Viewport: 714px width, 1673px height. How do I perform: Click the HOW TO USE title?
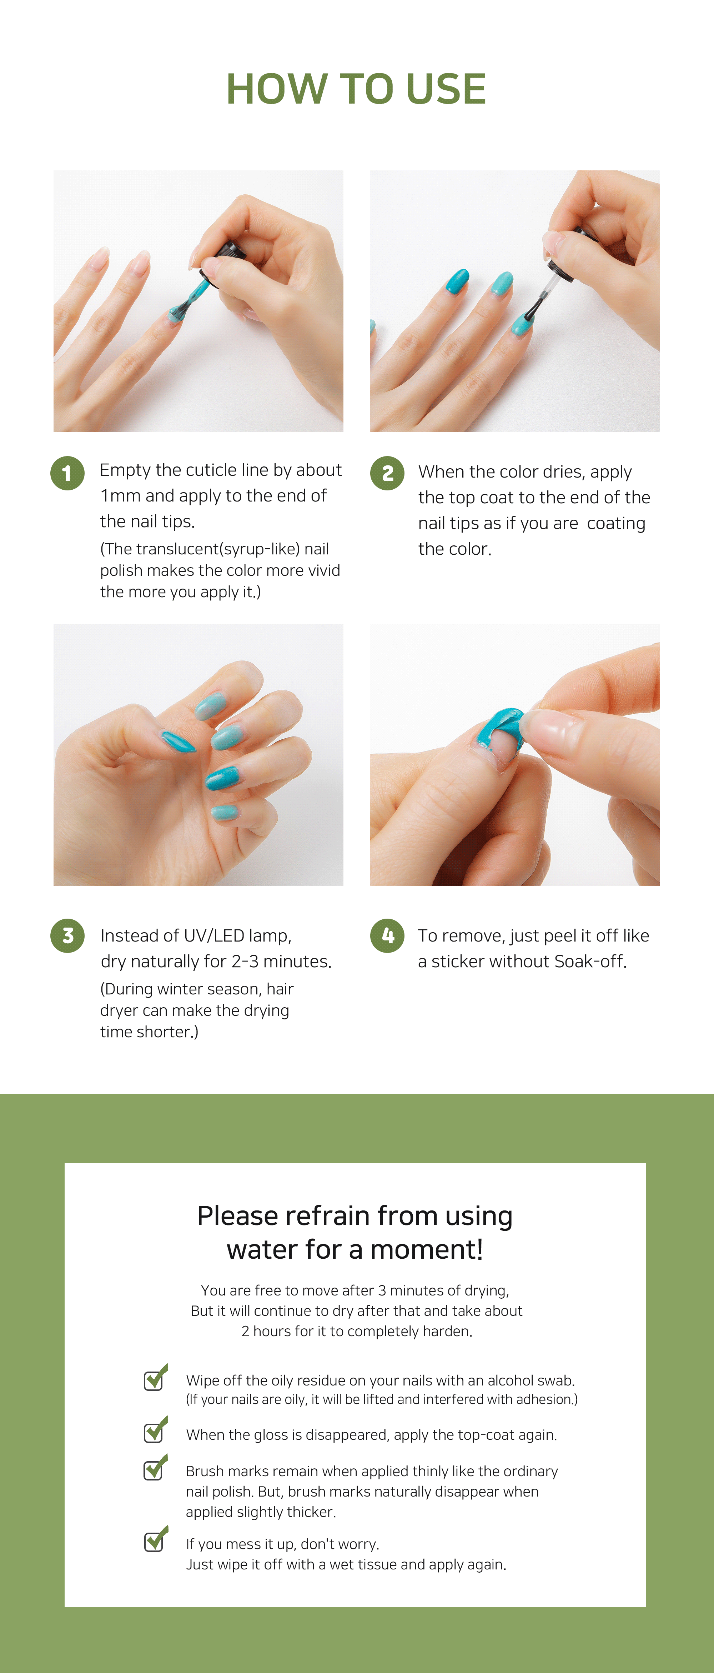click(356, 88)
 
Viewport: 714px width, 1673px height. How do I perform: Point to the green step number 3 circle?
click(67, 936)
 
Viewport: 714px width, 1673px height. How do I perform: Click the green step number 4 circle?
click(387, 936)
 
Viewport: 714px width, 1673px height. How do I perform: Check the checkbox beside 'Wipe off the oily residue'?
click(155, 1377)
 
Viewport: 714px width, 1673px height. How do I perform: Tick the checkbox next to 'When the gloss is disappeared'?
click(155, 1429)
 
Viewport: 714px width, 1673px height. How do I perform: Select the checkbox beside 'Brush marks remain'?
click(155, 1467)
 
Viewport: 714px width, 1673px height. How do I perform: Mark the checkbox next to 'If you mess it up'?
click(155, 1539)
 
